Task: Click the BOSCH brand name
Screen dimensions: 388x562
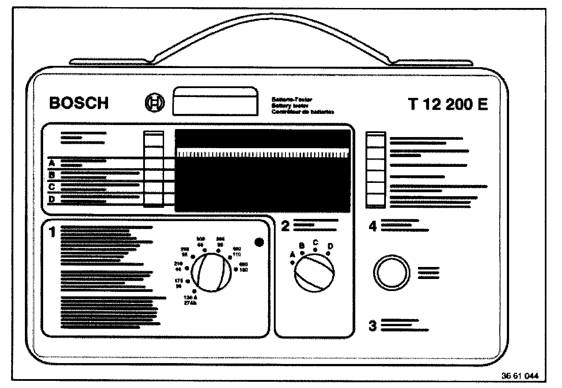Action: (79, 103)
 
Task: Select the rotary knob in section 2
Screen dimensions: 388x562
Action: (314, 274)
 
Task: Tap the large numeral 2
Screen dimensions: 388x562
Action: (285, 226)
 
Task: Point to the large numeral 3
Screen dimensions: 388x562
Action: (373, 326)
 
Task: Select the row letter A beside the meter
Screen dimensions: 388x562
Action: (52, 163)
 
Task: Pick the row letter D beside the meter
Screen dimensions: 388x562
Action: (52, 199)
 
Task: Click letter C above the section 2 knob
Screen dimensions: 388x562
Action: (315, 242)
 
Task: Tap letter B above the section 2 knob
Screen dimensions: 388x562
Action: (302, 245)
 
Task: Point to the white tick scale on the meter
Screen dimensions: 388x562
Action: (262, 154)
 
